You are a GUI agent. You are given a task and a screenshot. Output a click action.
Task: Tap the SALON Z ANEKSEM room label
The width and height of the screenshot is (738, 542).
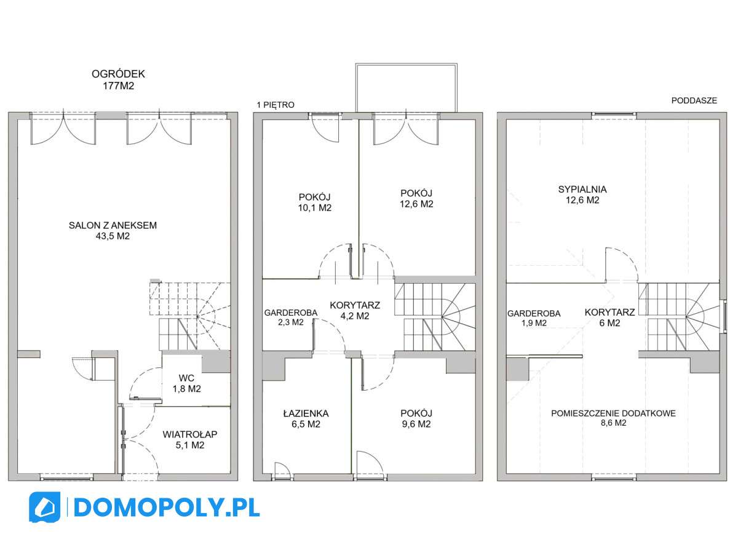pos(113,231)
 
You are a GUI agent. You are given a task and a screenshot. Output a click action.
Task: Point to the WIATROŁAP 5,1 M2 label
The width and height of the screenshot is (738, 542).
pos(190,439)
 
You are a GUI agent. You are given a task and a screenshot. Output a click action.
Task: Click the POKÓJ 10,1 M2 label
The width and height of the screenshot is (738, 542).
pos(315,202)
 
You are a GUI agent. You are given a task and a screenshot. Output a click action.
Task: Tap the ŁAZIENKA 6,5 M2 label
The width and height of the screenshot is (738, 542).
pos(306,419)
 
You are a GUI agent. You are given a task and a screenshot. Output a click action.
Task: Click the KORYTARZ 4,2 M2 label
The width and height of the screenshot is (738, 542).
pos(354,311)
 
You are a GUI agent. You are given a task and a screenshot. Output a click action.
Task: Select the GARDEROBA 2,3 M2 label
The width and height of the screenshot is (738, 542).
pos(290,317)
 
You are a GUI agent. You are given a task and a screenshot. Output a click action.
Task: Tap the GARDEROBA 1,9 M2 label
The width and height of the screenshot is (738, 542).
pos(533,317)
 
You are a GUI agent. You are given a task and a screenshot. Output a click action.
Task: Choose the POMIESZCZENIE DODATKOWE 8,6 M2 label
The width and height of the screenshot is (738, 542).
pos(613,418)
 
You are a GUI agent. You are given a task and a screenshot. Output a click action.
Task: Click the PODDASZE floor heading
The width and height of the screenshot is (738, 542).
pos(694,101)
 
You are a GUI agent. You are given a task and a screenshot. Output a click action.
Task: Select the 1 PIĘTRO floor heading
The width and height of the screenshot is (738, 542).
pos(276,105)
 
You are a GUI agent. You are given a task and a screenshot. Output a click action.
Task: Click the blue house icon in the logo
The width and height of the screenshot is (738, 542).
pos(45,508)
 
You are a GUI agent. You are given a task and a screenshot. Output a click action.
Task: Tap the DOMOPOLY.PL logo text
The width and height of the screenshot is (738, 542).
pos(166,508)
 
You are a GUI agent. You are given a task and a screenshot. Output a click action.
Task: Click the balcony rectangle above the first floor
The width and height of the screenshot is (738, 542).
pos(406,87)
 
